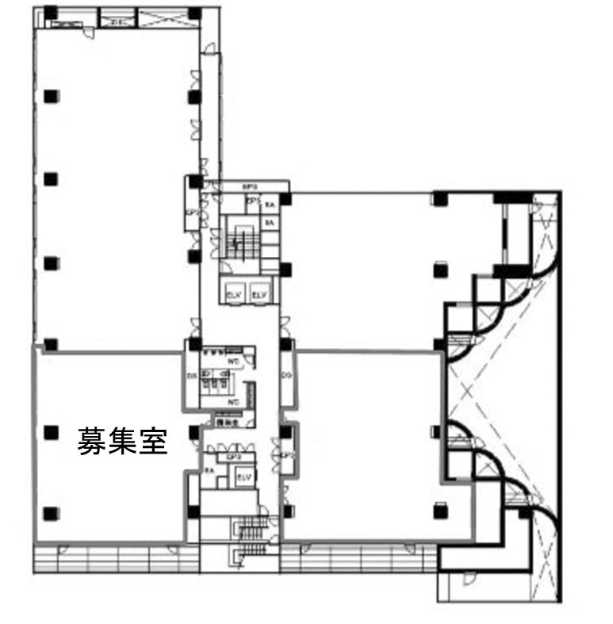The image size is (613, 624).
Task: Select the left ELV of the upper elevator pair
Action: point(234,294)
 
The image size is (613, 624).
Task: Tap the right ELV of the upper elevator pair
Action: point(259,294)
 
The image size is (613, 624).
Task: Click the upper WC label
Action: point(234,361)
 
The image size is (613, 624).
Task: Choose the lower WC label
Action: point(234,403)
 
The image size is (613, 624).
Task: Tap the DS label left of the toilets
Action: point(192,375)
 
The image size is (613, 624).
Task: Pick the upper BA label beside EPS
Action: point(270,205)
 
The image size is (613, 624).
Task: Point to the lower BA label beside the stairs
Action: point(270,224)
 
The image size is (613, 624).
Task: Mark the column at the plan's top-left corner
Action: point(50,13)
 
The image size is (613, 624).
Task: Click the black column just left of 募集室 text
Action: point(52,432)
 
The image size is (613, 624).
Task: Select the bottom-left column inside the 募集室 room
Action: point(52,512)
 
